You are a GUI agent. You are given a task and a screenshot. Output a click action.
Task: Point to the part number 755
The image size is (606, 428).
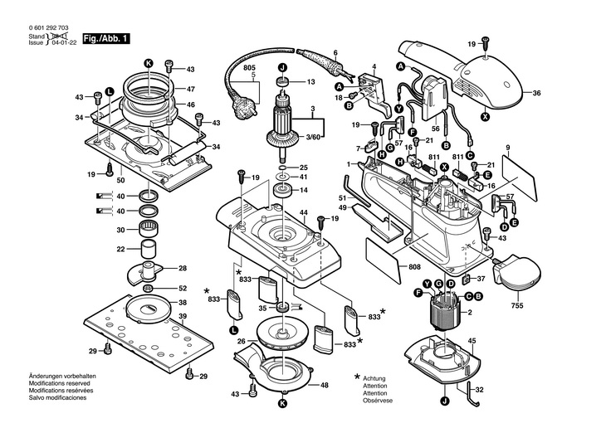point(517,305)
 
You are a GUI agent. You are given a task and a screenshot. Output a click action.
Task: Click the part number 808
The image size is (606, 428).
point(415,266)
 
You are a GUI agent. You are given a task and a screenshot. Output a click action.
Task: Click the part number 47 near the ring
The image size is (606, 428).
point(190,89)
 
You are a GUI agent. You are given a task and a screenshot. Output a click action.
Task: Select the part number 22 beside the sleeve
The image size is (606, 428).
point(120,249)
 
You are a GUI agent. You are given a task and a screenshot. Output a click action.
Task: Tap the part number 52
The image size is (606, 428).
point(183,288)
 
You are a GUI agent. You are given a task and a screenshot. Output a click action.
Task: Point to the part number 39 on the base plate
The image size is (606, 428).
point(183,318)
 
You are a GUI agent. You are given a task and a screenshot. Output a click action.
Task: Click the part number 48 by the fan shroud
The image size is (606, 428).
point(325,385)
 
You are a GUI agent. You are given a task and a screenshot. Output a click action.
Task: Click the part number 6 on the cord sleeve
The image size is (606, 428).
point(335,52)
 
